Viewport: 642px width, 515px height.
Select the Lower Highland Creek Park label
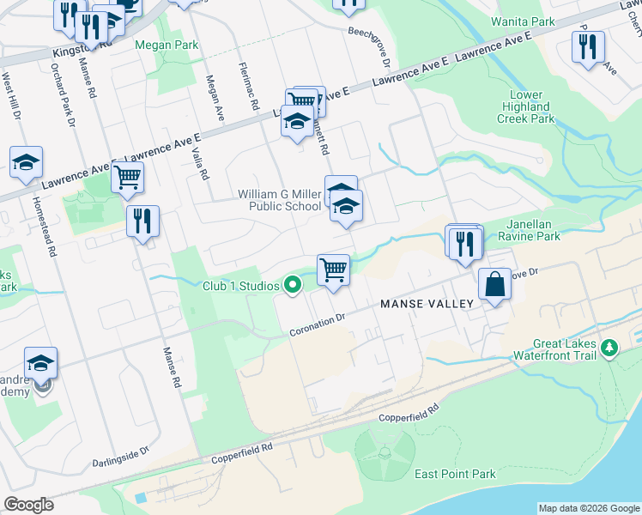[526, 107]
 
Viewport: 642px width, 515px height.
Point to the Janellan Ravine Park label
[546, 229]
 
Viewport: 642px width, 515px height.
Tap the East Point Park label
[455, 474]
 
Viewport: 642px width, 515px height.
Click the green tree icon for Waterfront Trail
[609, 348]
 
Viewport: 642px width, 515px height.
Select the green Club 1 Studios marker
[293, 285]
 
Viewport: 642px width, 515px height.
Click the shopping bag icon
[495, 284]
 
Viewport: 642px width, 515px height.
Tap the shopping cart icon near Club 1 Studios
[333, 270]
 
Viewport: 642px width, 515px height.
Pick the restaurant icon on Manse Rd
[142, 221]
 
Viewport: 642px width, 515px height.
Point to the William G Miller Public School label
[280, 200]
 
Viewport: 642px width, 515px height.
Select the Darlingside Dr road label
[121, 455]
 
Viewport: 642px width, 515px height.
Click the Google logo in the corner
[28, 505]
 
